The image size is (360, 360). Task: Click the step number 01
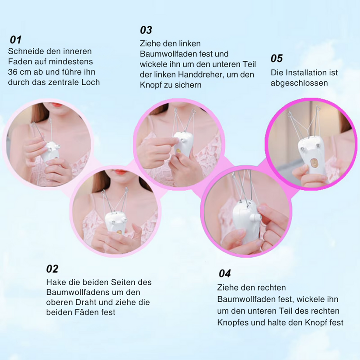[16, 40]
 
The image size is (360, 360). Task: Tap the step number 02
[52, 269]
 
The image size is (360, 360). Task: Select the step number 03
[146, 30]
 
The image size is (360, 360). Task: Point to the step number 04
[225, 273]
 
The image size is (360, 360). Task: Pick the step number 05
[276, 58]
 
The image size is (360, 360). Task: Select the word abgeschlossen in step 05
[299, 83]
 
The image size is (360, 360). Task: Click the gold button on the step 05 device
[312, 162]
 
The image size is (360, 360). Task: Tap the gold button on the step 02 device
[119, 232]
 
